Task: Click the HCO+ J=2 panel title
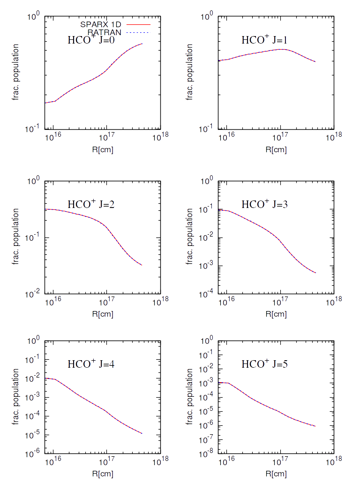coord(91,204)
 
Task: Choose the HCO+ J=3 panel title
coord(264,204)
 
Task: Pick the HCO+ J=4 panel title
coord(91,363)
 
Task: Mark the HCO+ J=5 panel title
coord(264,363)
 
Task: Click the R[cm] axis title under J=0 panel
coord(103,149)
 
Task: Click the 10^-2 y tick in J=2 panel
coord(34,294)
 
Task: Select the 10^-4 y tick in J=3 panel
coord(207,294)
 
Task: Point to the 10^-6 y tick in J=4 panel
coord(34,452)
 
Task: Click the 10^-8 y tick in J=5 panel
coord(207,452)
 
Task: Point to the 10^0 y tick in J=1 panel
coord(207,17)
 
